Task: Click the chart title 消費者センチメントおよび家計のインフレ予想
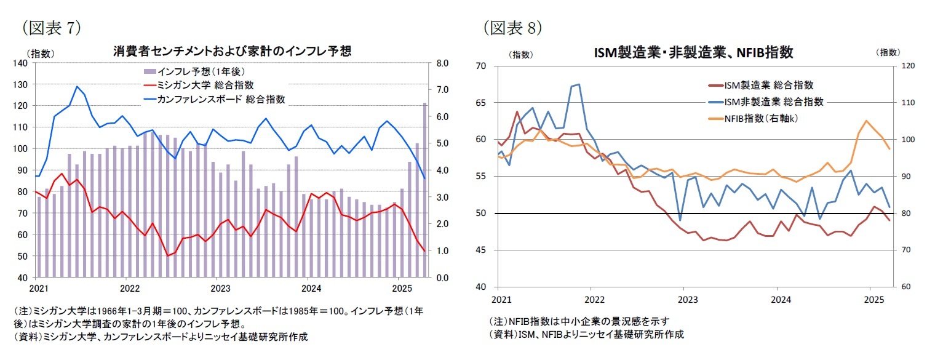232,51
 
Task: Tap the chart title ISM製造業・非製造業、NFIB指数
693,53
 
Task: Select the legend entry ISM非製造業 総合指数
773,102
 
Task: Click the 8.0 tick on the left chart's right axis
443,63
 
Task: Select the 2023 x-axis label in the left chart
220,287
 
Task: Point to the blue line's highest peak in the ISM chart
579,84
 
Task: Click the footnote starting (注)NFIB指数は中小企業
578,321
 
